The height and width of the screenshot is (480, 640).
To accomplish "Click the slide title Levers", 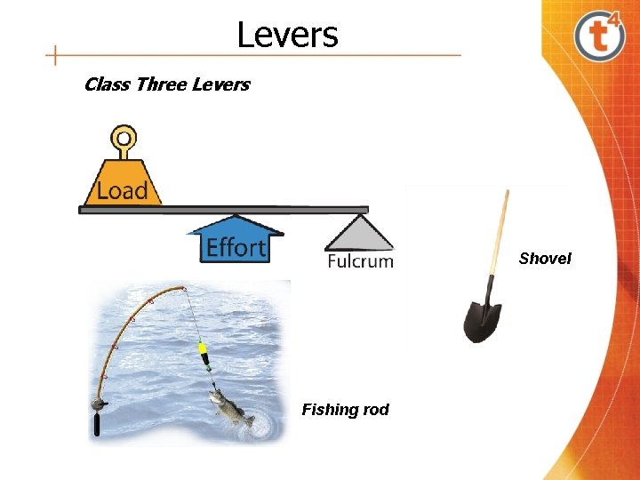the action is coord(287,36).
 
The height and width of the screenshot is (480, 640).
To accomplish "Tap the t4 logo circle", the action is coord(600,36).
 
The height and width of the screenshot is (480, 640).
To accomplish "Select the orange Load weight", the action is coord(123,184).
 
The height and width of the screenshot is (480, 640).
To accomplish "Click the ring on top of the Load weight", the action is coord(124,139).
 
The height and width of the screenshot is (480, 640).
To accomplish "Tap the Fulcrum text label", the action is coord(360,261).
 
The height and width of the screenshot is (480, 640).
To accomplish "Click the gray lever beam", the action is coord(222,210).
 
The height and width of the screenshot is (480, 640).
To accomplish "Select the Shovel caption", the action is coord(545,259).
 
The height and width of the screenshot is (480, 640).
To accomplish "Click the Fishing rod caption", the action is coord(345,410).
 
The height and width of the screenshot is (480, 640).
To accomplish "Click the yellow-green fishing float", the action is coord(204,354).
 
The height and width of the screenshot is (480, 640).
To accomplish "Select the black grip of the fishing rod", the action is coord(96,425).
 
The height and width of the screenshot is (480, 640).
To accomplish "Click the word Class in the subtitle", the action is coord(106,85).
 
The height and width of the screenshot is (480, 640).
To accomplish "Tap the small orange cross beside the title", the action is coord(55,55).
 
